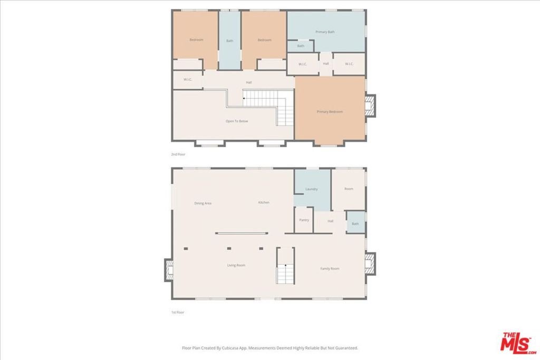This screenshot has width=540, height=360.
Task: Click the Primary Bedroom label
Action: pyautogui.click(x=330, y=112)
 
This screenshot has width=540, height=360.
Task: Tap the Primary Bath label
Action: pyautogui.click(x=325, y=32)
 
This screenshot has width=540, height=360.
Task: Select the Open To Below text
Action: pyautogui.click(x=237, y=121)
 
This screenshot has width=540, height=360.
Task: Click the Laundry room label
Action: pyautogui.click(x=311, y=189)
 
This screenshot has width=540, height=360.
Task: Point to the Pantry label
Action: pyautogui.click(x=304, y=220)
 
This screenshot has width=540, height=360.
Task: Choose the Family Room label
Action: pyautogui.click(x=330, y=268)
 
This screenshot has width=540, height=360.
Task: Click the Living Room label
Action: pyautogui.click(x=236, y=265)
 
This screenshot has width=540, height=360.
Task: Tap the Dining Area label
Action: pyautogui.click(x=202, y=203)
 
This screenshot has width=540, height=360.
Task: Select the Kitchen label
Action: pyautogui.click(x=264, y=202)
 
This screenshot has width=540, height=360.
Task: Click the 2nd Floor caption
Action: pyautogui.click(x=178, y=154)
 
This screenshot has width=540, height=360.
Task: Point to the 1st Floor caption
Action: pyautogui.click(x=178, y=312)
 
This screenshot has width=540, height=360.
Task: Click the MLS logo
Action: pyautogui.click(x=518, y=343)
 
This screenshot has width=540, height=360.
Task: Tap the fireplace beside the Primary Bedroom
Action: pyautogui.click(x=370, y=105)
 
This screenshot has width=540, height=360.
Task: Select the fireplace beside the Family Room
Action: pyautogui.click(x=370, y=264)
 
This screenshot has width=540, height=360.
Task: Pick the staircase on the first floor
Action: pyautogui.click(x=285, y=266)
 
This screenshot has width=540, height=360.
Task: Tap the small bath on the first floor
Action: pyautogui.click(x=355, y=222)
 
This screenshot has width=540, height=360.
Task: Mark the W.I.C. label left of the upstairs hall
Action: pyautogui.click(x=187, y=80)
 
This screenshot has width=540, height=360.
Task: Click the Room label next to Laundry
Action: pyautogui.click(x=349, y=189)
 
